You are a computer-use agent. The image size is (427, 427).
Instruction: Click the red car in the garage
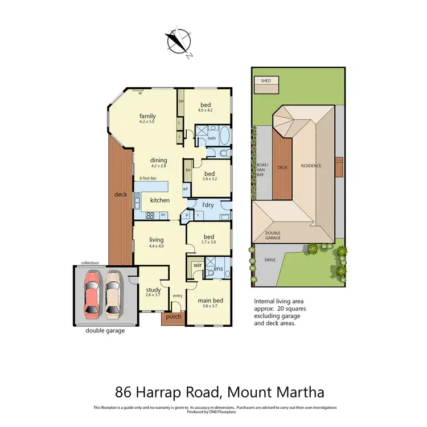93,294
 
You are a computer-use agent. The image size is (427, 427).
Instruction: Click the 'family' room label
147,116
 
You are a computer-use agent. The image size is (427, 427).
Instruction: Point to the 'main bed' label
210,300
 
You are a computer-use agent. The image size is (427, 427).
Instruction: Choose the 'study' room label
153,289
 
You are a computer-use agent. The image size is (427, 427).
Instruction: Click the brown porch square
173,318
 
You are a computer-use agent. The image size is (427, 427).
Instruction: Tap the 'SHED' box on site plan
266,81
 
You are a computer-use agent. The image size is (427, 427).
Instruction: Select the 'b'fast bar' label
149,179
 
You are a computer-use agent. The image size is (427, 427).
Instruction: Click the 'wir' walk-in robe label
198,265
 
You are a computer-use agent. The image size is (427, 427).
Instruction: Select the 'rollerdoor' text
91,263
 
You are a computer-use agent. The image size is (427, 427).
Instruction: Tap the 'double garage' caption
105,330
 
